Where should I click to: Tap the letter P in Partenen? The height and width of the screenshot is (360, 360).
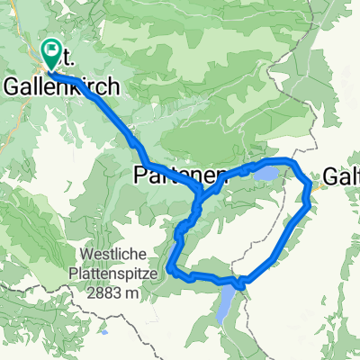(141, 175)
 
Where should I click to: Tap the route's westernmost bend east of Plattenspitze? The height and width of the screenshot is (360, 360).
(168, 266)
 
